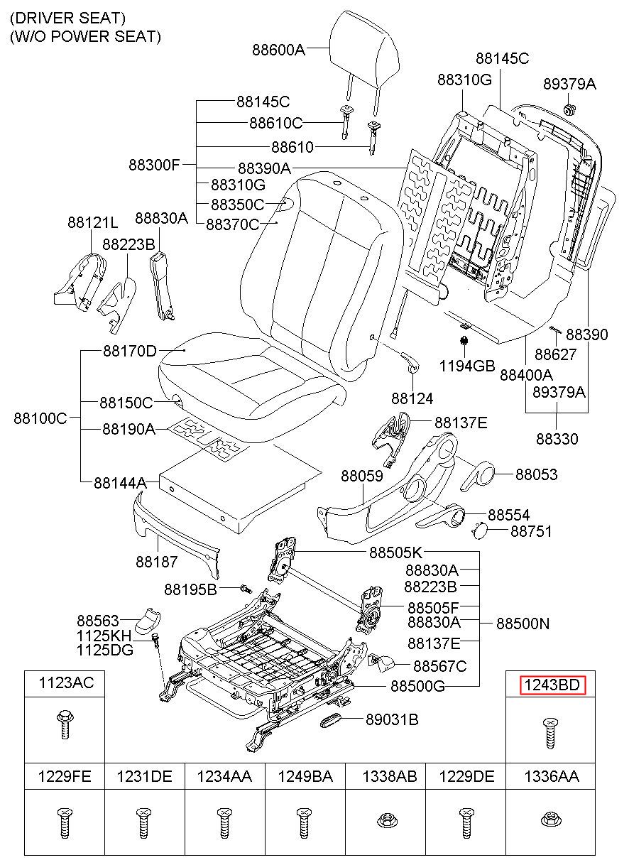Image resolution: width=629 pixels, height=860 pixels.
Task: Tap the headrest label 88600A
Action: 278,49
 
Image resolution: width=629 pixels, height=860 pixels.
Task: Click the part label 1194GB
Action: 466,366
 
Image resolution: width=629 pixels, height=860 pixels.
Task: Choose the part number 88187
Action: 157,562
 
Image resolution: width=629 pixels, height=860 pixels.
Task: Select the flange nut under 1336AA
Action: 552,820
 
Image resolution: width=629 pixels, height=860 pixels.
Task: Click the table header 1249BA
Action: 305,777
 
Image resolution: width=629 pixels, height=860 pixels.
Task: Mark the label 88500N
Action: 523,624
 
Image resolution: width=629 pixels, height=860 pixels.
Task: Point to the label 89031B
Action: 392,720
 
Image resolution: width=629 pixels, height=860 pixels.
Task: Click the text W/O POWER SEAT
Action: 85,36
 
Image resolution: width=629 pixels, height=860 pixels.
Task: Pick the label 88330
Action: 557,439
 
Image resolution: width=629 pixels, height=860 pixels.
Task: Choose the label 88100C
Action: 40,418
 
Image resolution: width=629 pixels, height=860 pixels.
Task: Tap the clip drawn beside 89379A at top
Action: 569,109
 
